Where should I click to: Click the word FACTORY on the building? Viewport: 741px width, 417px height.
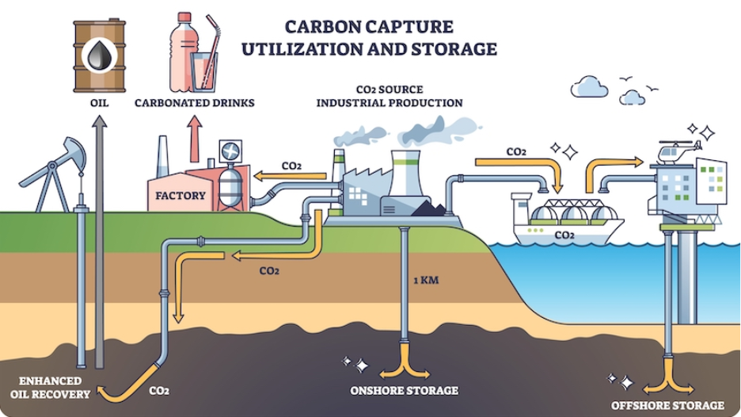pos(180,195)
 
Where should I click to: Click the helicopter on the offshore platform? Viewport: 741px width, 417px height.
pos(678,151)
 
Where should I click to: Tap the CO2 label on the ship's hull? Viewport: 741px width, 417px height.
pos(564,235)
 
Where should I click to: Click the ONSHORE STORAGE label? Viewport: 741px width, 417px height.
pos(405,391)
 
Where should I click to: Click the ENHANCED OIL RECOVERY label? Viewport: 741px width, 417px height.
pos(49,386)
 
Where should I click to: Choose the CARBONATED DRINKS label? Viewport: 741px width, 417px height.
pos(194,103)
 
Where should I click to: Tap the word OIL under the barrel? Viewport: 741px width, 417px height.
pos(98,103)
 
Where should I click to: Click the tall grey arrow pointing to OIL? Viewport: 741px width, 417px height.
pos(99,238)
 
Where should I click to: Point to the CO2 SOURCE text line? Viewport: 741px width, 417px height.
pos(389,89)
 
